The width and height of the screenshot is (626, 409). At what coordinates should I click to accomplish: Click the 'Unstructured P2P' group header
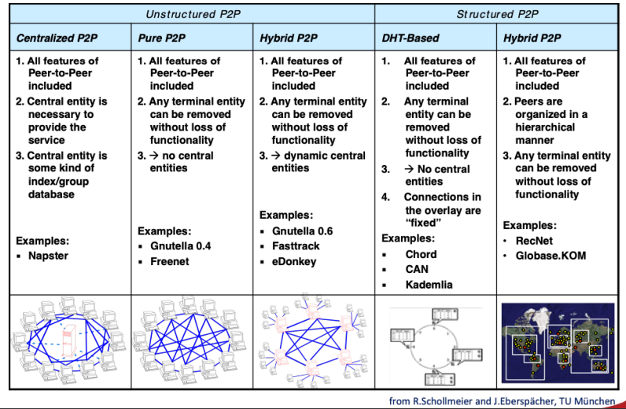pyautogui.click(x=191, y=13)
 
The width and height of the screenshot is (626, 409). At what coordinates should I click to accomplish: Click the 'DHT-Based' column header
pyautogui.click(x=410, y=38)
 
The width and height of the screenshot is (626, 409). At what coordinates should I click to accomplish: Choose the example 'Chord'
pyautogui.click(x=421, y=254)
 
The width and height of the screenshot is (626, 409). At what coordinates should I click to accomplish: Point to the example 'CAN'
pyautogui.click(x=417, y=269)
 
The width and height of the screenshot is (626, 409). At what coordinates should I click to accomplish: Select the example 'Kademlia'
pyautogui.click(x=429, y=284)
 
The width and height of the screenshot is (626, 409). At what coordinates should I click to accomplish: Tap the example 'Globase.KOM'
pyautogui.click(x=550, y=256)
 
